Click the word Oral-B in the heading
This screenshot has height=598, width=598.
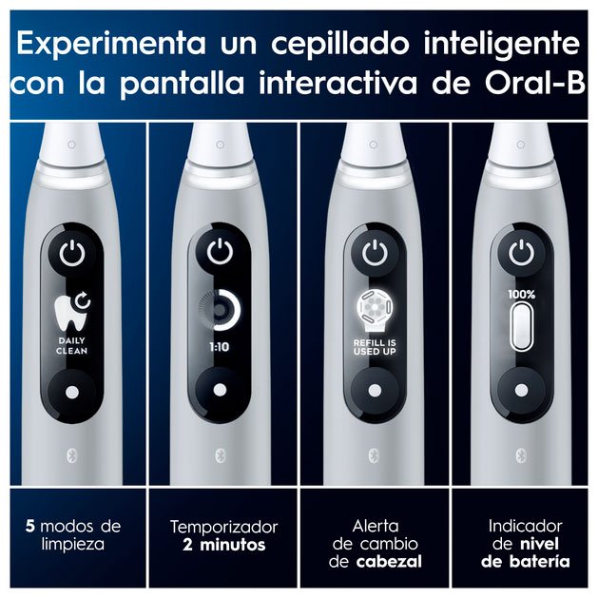(x=535, y=83)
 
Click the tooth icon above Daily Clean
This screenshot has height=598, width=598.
(x=72, y=312)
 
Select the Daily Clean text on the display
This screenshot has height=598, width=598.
(x=71, y=346)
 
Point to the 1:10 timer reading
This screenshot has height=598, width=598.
(x=220, y=347)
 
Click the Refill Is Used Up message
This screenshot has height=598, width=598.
(x=375, y=347)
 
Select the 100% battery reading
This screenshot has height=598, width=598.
(x=521, y=295)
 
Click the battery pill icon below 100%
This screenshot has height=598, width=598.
(x=521, y=326)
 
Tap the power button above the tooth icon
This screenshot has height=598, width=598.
(x=72, y=254)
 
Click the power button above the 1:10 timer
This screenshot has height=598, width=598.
(x=220, y=251)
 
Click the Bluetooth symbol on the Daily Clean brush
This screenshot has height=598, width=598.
(x=72, y=456)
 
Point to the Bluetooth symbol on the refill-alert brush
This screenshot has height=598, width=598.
(x=375, y=455)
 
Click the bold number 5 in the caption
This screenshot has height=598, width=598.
(x=30, y=527)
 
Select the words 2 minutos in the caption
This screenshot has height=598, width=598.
(x=223, y=545)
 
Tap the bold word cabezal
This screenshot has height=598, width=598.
(x=390, y=561)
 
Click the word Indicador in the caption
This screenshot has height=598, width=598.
(x=525, y=527)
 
